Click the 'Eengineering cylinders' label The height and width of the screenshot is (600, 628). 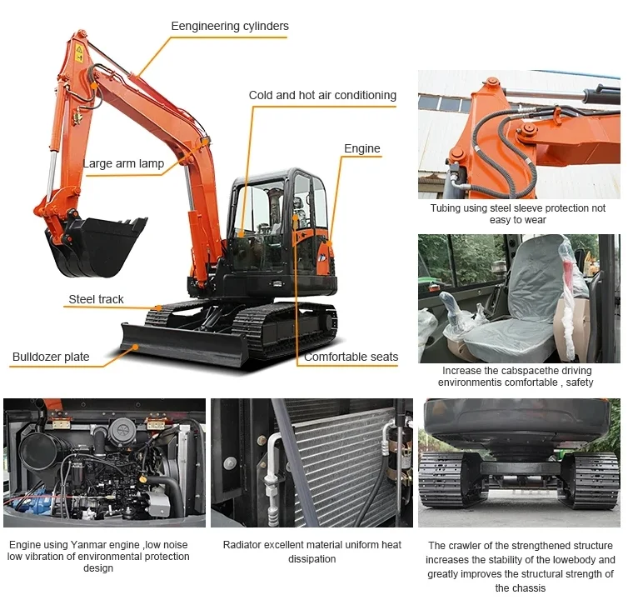pos(230,27)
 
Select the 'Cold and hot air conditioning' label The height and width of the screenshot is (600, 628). pos(322,95)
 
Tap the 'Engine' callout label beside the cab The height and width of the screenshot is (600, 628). pos(362,148)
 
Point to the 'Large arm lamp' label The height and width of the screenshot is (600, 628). pos(123,163)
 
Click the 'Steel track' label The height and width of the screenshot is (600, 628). pos(96,299)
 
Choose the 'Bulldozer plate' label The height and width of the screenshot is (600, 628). pos(51,357)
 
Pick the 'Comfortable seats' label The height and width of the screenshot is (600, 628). pos(351,357)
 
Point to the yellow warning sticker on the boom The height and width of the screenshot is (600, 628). pos(79,52)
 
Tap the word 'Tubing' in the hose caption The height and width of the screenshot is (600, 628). pos(446,207)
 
